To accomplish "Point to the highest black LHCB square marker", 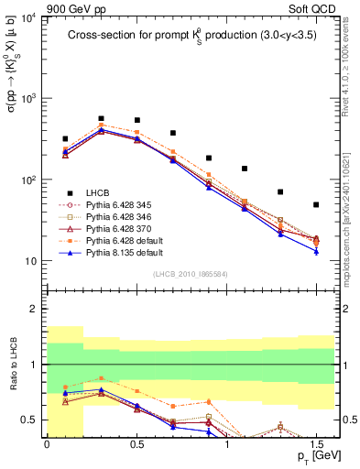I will click(101, 118).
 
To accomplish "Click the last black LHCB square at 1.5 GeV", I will click(316, 204).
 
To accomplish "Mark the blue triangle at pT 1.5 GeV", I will click(316, 251).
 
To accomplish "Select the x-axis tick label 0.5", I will click(136, 442).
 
